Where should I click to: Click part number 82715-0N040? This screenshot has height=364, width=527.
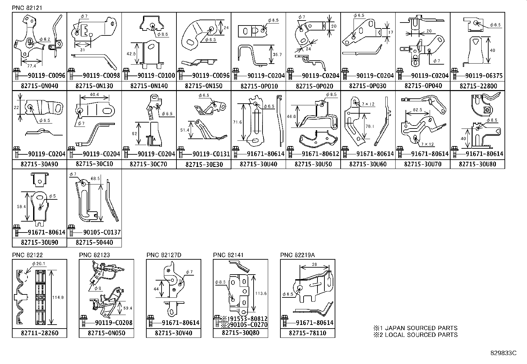(x=39, y=86)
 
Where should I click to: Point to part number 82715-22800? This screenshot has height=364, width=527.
(x=478, y=86)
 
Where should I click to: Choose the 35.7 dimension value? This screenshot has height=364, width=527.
(x=278, y=55)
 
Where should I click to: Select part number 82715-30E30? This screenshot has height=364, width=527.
(x=204, y=164)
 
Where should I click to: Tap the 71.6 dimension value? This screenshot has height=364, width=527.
(x=238, y=122)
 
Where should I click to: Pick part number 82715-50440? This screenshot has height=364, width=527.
(x=94, y=242)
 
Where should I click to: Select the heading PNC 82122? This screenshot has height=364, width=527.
(x=27, y=255)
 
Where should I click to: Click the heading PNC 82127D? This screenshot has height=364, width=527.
(x=164, y=255)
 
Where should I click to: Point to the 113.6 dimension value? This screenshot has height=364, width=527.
(x=261, y=293)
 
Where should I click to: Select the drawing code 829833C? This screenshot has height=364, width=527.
(x=503, y=353)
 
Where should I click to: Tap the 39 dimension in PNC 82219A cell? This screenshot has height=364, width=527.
(x=314, y=264)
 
